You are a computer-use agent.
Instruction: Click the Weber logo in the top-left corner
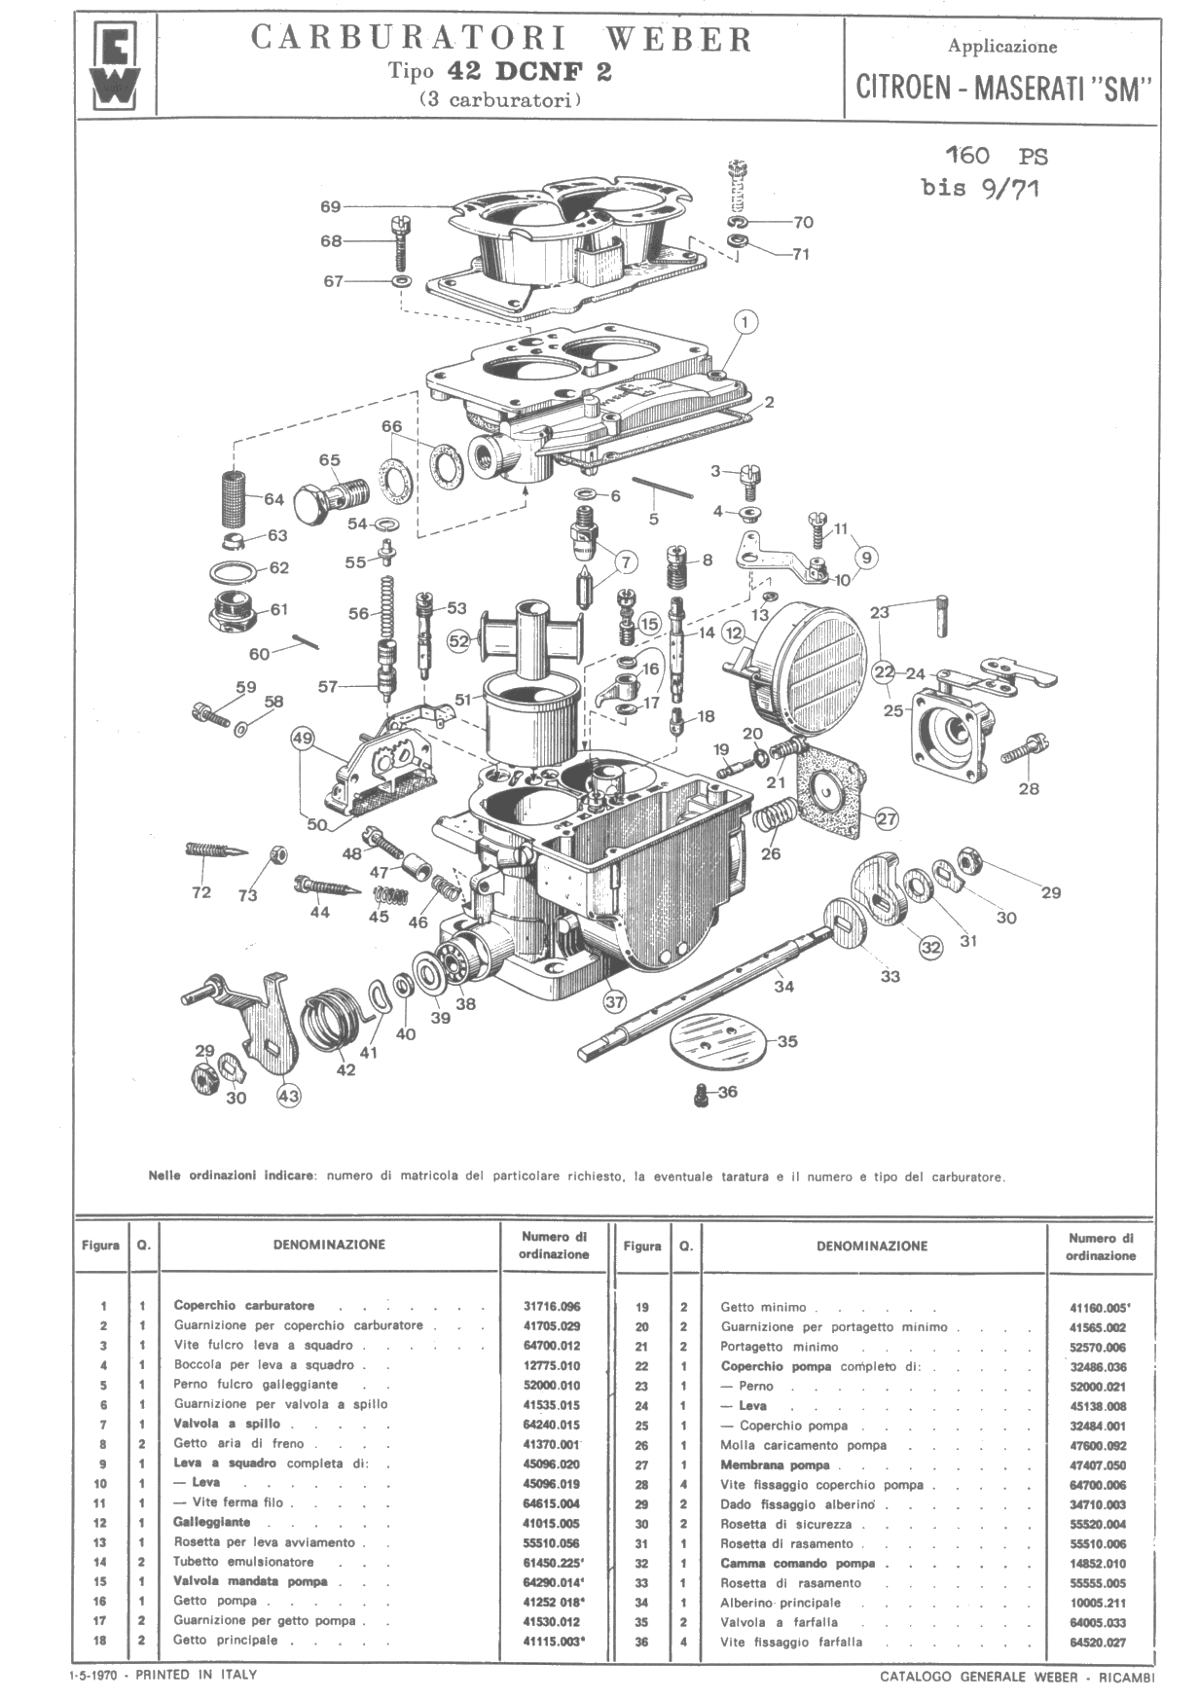(115, 68)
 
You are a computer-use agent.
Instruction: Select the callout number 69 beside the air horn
(330, 206)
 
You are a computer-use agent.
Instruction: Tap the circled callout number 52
(459, 640)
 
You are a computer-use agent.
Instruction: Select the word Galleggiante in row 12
(212, 1522)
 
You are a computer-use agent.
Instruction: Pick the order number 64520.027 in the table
(1099, 1643)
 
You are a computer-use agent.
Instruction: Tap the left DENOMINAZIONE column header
(329, 1244)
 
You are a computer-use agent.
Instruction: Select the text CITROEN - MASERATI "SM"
(1003, 89)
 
